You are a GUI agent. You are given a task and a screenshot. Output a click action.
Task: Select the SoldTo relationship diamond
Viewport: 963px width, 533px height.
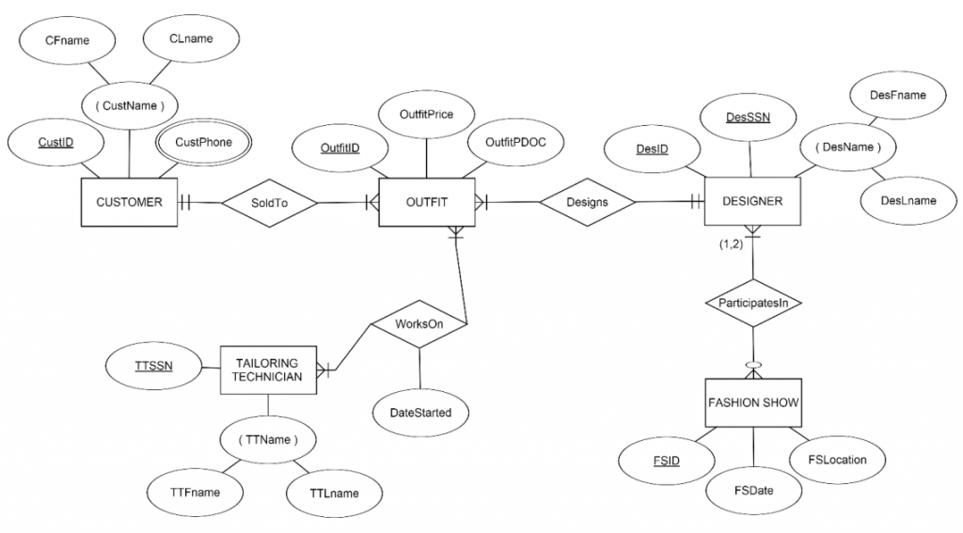[x=268, y=202]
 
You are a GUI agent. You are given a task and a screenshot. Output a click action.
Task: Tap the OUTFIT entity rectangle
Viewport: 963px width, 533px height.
[x=426, y=202]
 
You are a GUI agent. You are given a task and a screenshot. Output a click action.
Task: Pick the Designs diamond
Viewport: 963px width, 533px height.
[x=587, y=202]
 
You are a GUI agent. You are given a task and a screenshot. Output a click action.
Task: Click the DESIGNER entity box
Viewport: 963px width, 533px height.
[x=751, y=201]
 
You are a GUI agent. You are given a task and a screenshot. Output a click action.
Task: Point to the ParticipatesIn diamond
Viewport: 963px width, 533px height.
[x=752, y=303]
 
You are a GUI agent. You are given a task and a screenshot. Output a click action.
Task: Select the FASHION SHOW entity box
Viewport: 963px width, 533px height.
[x=752, y=402]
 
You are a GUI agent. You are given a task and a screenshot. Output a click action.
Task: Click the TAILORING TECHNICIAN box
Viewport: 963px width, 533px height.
[x=268, y=369]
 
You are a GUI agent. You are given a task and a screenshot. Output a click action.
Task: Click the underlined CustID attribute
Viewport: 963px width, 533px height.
[x=55, y=144]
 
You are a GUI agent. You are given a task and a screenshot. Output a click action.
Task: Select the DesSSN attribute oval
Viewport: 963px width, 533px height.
[x=748, y=117]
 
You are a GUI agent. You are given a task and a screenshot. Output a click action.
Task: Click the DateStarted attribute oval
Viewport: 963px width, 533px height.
[x=419, y=412]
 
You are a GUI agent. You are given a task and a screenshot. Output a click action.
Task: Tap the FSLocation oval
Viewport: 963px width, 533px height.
[x=837, y=460]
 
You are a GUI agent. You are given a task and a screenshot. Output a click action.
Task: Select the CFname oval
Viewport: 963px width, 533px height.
[x=66, y=40]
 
